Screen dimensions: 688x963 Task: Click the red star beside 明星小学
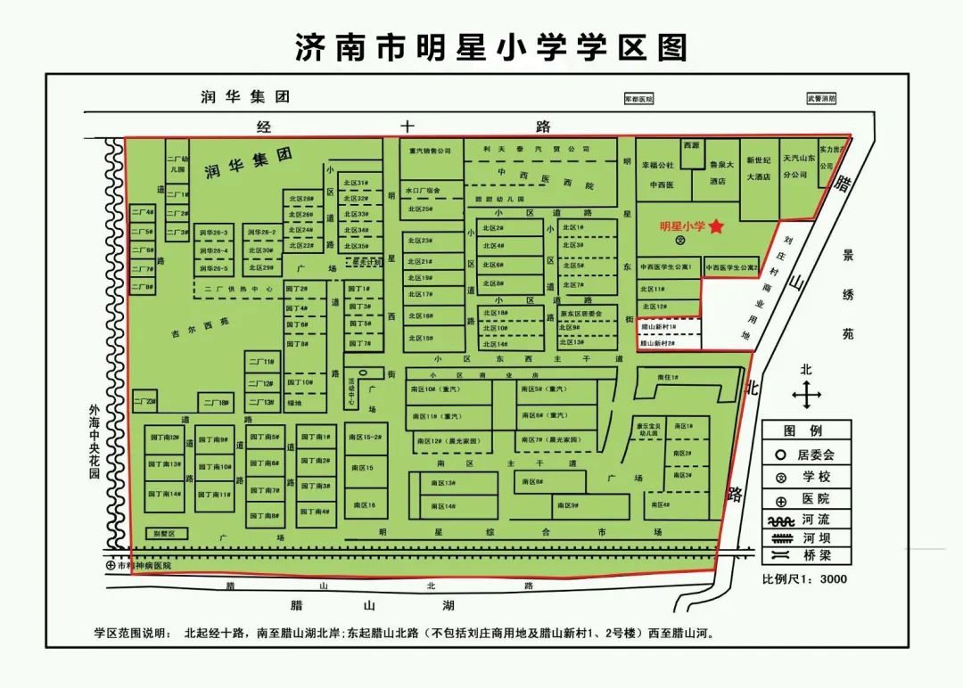pyautogui.click(x=717, y=227)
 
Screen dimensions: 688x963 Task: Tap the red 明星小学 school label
pyautogui.click(x=682, y=227)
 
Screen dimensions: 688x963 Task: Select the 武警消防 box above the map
pyautogui.click(x=820, y=99)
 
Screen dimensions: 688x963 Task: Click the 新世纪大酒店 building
pyautogui.click(x=758, y=168)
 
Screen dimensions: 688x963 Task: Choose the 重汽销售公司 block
pyautogui.click(x=431, y=151)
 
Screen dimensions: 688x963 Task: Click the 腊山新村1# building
pyautogui.click(x=659, y=328)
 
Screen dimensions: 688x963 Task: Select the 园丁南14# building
pyautogui.click(x=165, y=494)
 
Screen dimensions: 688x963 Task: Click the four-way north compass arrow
pyautogui.click(x=806, y=392)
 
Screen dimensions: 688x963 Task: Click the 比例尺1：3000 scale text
pyautogui.click(x=804, y=579)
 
